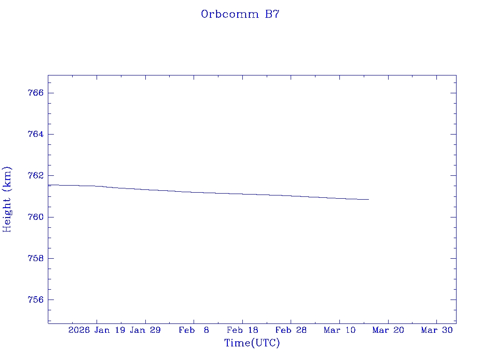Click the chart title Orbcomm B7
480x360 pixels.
[x=240, y=14]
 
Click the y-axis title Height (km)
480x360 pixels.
[x=7, y=199]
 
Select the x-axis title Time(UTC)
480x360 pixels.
[x=252, y=343]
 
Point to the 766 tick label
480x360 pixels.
[x=36, y=93]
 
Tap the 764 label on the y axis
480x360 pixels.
[x=36, y=134]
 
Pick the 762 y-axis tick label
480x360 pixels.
[x=36, y=176]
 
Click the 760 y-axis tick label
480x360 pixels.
[x=36, y=217]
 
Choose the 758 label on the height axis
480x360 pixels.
[x=36, y=258]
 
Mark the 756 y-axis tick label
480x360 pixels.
[x=36, y=300]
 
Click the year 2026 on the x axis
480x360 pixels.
[x=79, y=330]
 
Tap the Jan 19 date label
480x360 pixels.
[x=110, y=330]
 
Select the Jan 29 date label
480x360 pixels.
[x=145, y=330]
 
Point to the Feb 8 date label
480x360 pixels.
[x=194, y=330]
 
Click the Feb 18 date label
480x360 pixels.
[x=242, y=330]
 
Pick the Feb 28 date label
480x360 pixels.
[x=291, y=330]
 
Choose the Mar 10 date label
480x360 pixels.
[x=340, y=330]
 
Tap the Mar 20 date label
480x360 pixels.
[x=388, y=330]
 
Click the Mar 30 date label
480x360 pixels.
[x=437, y=330]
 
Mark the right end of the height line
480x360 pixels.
[x=369, y=199]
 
